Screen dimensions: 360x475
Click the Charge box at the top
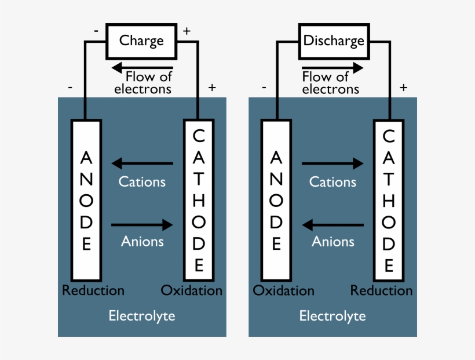tap(141, 41)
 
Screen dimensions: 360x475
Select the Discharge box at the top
tap(333, 41)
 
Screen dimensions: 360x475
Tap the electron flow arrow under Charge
tap(142, 67)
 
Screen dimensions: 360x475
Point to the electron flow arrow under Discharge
tap(332, 67)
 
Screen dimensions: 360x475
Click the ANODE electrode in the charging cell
tap(86, 200)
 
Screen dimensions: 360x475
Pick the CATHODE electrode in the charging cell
tap(199, 200)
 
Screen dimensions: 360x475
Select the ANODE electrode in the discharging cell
tap(276, 200)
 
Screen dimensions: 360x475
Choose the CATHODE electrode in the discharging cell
tap(389, 200)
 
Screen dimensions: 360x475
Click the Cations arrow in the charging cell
tap(142, 163)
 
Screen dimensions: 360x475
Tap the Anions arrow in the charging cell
tap(142, 224)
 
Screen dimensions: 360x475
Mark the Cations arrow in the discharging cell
tap(332, 163)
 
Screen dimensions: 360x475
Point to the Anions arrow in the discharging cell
tap(332, 224)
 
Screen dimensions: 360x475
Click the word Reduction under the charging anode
tap(93, 290)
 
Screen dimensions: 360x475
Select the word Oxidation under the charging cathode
tap(192, 290)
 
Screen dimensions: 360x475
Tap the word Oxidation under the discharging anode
tap(284, 290)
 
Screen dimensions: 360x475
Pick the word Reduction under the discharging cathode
tap(382, 290)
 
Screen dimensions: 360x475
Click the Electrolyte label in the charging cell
tap(142, 316)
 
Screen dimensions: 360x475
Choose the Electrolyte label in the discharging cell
tap(332, 316)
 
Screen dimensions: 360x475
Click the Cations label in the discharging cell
tap(332, 182)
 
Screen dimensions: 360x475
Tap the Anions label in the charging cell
tap(142, 241)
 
